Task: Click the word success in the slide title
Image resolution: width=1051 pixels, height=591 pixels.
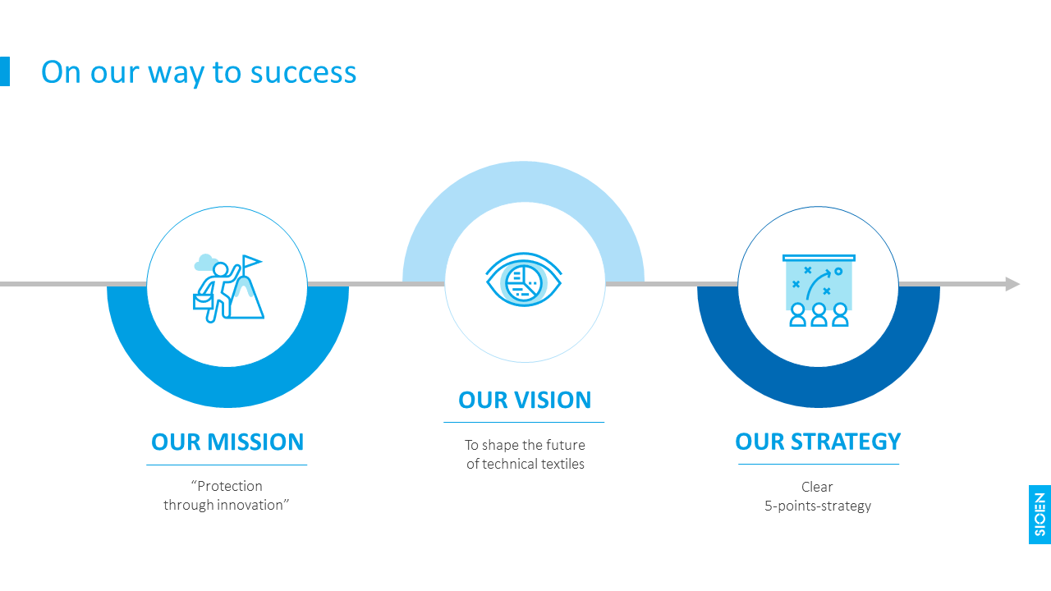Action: click(x=303, y=73)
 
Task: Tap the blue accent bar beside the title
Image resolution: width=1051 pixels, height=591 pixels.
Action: click(x=5, y=71)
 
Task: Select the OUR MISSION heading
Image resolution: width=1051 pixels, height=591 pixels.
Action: click(x=227, y=442)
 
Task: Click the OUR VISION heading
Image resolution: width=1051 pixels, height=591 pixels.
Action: click(x=525, y=400)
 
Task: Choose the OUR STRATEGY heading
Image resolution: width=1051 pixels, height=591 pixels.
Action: click(x=818, y=442)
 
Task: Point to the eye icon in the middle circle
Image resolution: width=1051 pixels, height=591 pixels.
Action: click(x=524, y=280)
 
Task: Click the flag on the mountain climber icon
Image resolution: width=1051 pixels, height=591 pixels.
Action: click(x=252, y=262)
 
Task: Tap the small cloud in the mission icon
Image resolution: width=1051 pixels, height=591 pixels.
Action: click(x=205, y=263)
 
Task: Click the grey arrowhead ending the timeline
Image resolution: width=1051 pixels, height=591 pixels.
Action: click(x=1012, y=284)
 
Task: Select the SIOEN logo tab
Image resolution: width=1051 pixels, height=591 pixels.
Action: click(x=1040, y=515)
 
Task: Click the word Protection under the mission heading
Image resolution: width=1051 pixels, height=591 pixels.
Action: click(x=229, y=486)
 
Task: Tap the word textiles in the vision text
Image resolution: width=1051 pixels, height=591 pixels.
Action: click(x=562, y=464)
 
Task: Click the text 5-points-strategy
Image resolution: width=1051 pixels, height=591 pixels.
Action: click(x=818, y=506)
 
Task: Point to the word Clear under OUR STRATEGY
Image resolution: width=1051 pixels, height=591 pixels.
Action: click(x=817, y=487)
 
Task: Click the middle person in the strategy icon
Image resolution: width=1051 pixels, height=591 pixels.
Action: click(x=819, y=314)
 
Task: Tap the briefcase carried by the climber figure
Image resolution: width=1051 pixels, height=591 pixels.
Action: click(x=203, y=302)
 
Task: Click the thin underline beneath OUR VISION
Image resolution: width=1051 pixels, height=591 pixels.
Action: click(x=524, y=422)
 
